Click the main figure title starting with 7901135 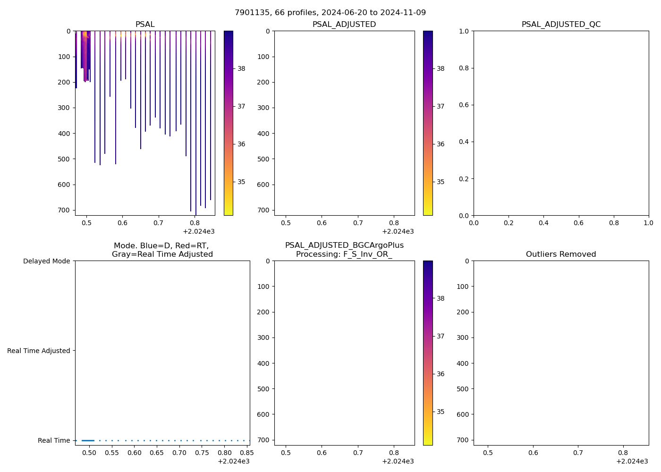coord(330,13)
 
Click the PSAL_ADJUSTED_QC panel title coord(561,25)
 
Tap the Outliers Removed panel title coord(561,254)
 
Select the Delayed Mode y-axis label coord(46,261)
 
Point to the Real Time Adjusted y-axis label coord(39,351)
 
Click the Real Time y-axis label coord(54,440)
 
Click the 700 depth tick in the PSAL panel coord(64,210)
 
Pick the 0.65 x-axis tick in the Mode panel coord(157,453)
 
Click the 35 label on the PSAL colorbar coord(241,182)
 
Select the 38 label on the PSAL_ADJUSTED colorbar coord(441,68)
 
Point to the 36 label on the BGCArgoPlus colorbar coord(441,374)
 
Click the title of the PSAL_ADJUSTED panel coord(344,25)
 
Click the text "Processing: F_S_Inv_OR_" coord(344,254)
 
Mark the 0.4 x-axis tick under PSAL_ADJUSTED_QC coord(543,223)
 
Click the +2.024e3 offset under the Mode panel coord(233,461)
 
